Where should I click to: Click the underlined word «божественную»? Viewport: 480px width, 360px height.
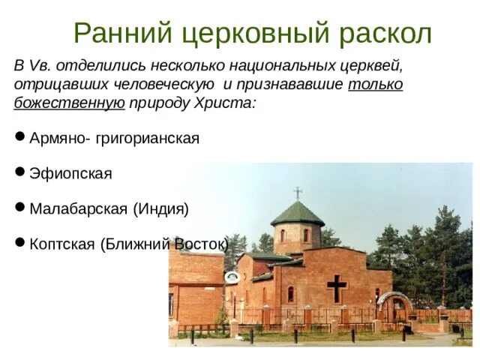pyautogui.click(x=69, y=103)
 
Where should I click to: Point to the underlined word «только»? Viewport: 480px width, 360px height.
pyautogui.click(x=375, y=84)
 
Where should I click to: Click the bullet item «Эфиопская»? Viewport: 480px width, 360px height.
pyautogui.click(x=70, y=173)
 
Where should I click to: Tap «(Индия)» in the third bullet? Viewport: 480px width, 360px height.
pyautogui.click(x=160, y=208)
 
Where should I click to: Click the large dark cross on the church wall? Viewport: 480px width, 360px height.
pyautogui.click(x=337, y=288)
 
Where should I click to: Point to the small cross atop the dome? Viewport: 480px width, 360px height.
pyautogui.click(x=298, y=192)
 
